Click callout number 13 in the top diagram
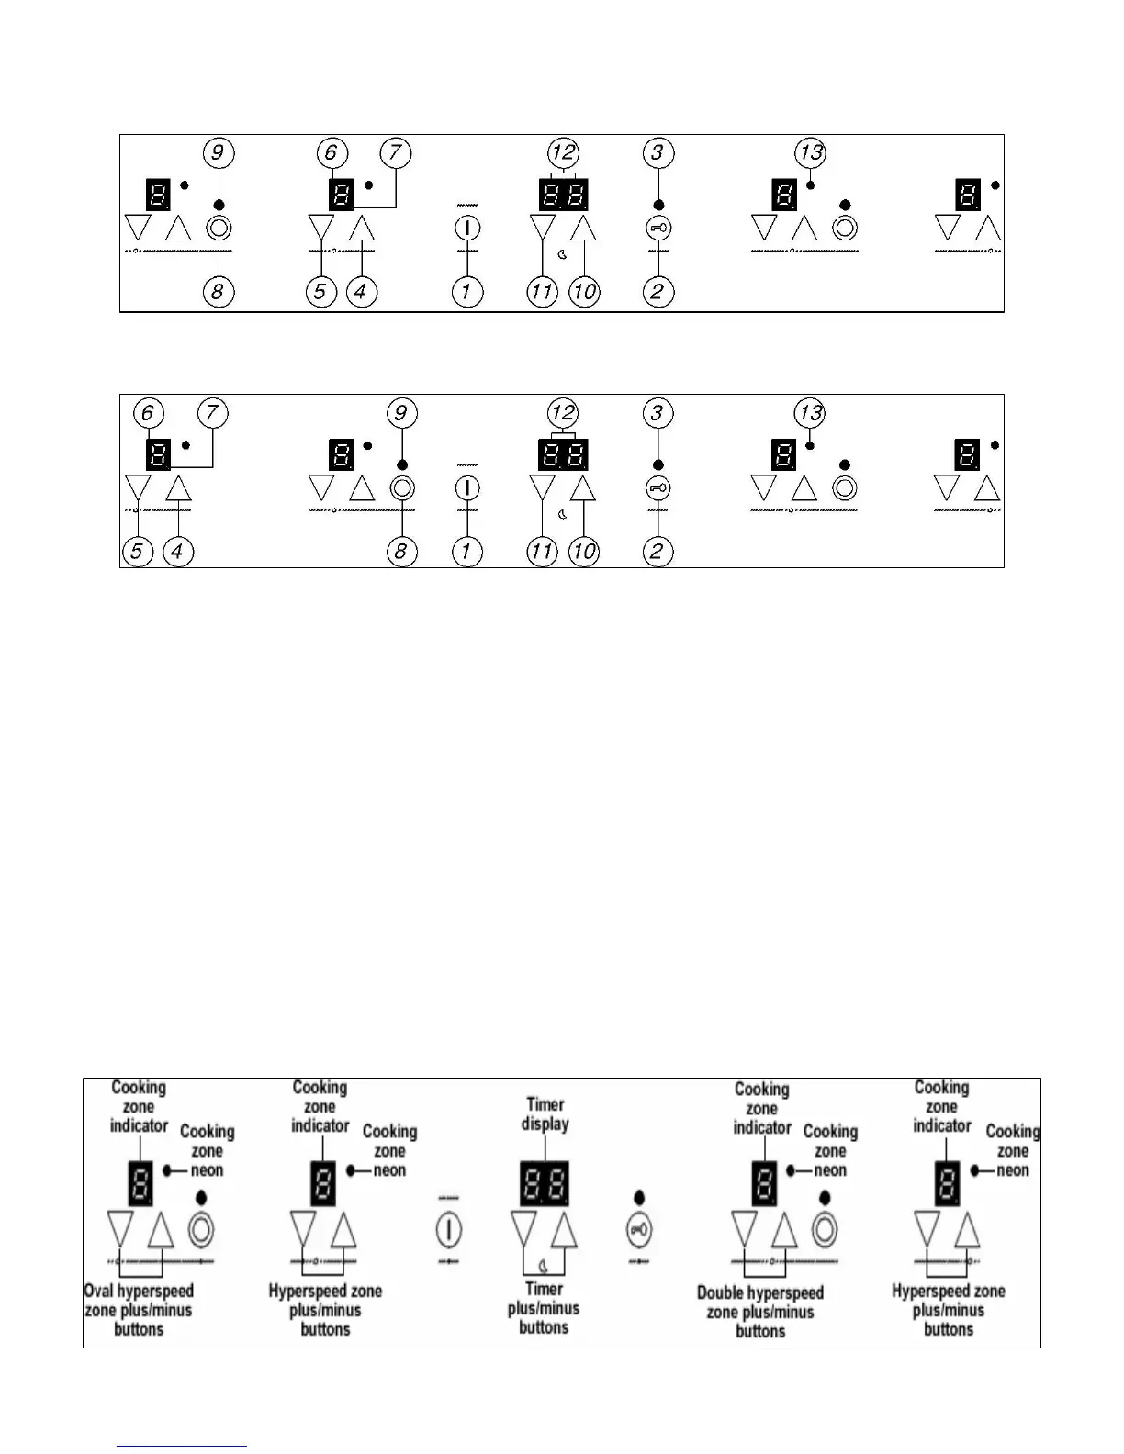(x=810, y=152)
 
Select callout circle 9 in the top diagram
(x=218, y=152)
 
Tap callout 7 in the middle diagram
(x=211, y=413)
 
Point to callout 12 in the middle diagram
(x=563, y=413)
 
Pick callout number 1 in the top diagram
(x=466, y=292)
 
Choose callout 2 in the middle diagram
(x=658, y=552)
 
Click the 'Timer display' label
(x=545, y=1114)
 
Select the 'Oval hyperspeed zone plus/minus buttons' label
(x=139, y=1310)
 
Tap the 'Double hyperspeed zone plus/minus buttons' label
(x=760, y=1312)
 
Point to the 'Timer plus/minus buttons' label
(x=544, y=1308)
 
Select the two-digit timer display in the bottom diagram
(x=545, y=1183)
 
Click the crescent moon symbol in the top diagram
(x=562, y=254)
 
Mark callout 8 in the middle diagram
(x=400, y=552)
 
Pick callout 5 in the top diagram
(x=320, y=292)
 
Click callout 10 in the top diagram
(x=584, y=292)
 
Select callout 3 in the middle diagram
(x=656, y=413)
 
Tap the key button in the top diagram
(x=658, y=228)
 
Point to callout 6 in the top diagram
(x=331, y=152)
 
